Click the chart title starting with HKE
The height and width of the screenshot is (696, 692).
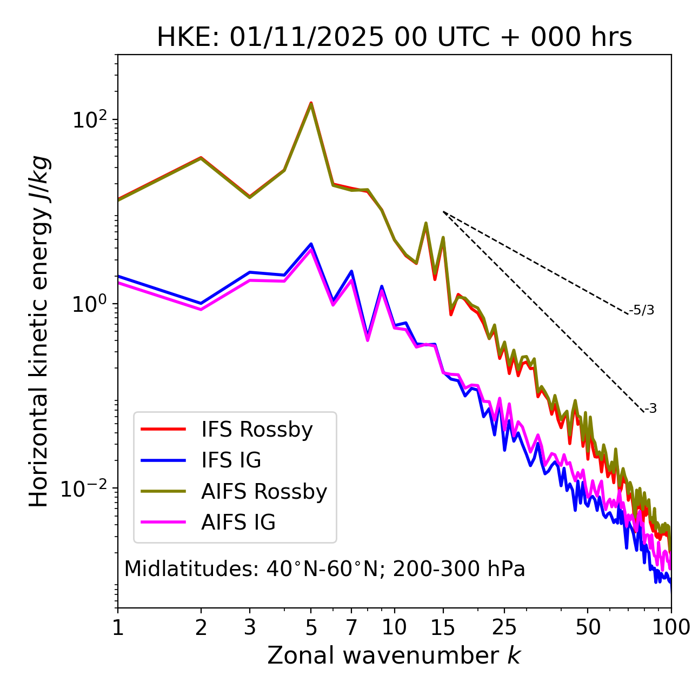(394, 38)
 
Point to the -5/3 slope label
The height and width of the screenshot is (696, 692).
(642, 310)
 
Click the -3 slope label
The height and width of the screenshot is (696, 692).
(650, 409)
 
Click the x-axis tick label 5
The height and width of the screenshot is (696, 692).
(311, 627)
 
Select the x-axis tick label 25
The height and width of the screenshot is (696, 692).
(504, 627)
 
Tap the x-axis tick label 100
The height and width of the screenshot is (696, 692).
(671, 627)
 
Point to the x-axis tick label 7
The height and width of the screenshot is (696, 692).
(351, 627)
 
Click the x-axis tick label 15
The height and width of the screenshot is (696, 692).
(443, 627)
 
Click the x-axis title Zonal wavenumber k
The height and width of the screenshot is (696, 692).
(394, 655)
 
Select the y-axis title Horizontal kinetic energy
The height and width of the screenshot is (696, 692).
(39, 331)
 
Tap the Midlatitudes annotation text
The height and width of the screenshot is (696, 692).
(324, 569)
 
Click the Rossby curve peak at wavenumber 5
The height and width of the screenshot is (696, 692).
(311, 103)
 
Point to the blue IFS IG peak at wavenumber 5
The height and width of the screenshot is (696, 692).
(311, 244)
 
